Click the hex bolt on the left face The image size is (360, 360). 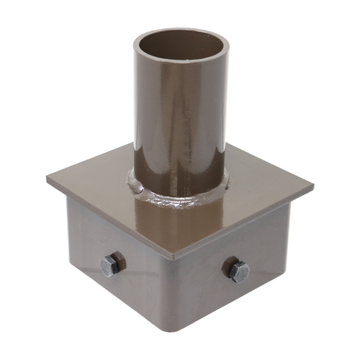(110, 264)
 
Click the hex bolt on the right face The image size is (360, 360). (238, 271)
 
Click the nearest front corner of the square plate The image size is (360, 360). (173, 258)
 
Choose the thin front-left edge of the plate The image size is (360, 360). (108, 217)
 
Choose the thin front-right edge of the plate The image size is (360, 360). (245, 225)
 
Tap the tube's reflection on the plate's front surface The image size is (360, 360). (169, 227)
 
